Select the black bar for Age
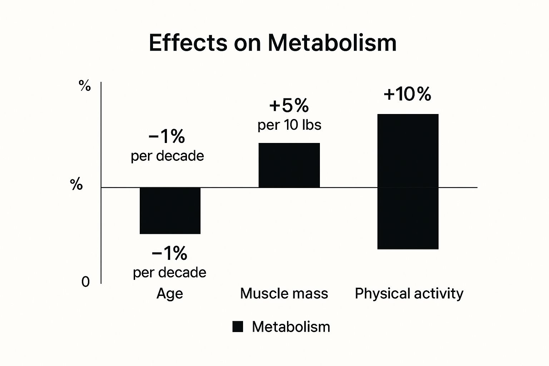point(170,211)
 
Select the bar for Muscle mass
point(289,165)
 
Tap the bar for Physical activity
point(408,182)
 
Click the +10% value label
point(407,94)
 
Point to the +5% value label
point(289,106)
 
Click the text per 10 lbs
point(290,125)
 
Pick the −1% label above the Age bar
point(167,137)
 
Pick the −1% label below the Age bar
point(169,253)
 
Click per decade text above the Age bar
point(167,156)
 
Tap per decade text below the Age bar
point(169,273)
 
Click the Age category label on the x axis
point(170,294)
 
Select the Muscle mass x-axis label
point(284,294)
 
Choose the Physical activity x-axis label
point(409,294)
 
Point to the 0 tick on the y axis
point(85,282)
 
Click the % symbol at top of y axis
point(85,86)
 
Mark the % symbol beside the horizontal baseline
point(76,185)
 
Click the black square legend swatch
point(238,327)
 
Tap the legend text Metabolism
point(291,327)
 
